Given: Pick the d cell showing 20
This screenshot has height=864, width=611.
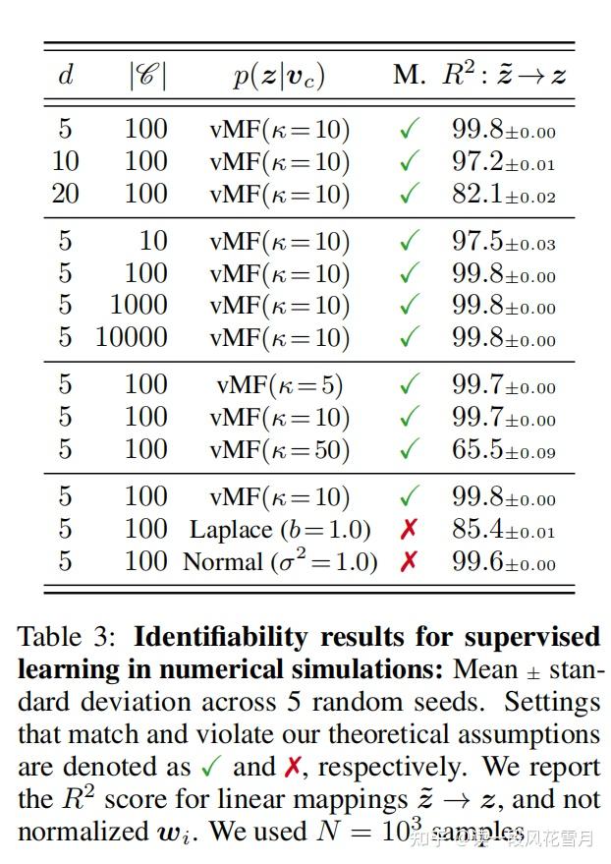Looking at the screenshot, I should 65,194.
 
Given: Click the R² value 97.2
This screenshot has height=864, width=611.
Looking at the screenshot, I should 503,162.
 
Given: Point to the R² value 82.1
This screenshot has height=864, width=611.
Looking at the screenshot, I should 503,195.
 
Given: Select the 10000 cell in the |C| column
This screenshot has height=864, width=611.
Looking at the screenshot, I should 131,337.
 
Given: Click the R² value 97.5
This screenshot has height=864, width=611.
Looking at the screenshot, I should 503,242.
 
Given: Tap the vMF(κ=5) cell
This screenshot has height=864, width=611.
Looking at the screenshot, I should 279,384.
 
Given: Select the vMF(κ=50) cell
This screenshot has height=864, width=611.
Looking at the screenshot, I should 279,449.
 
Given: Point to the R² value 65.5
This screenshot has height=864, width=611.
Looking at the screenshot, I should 503,449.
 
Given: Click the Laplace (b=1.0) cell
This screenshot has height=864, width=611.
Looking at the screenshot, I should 280,530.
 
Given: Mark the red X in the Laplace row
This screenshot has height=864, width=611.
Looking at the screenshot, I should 409,530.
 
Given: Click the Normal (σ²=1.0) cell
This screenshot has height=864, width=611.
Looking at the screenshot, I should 280,562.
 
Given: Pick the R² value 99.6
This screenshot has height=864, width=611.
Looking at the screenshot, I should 503,562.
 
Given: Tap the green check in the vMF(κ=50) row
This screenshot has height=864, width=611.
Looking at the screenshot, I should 410,448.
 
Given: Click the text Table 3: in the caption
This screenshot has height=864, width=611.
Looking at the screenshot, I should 67,637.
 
